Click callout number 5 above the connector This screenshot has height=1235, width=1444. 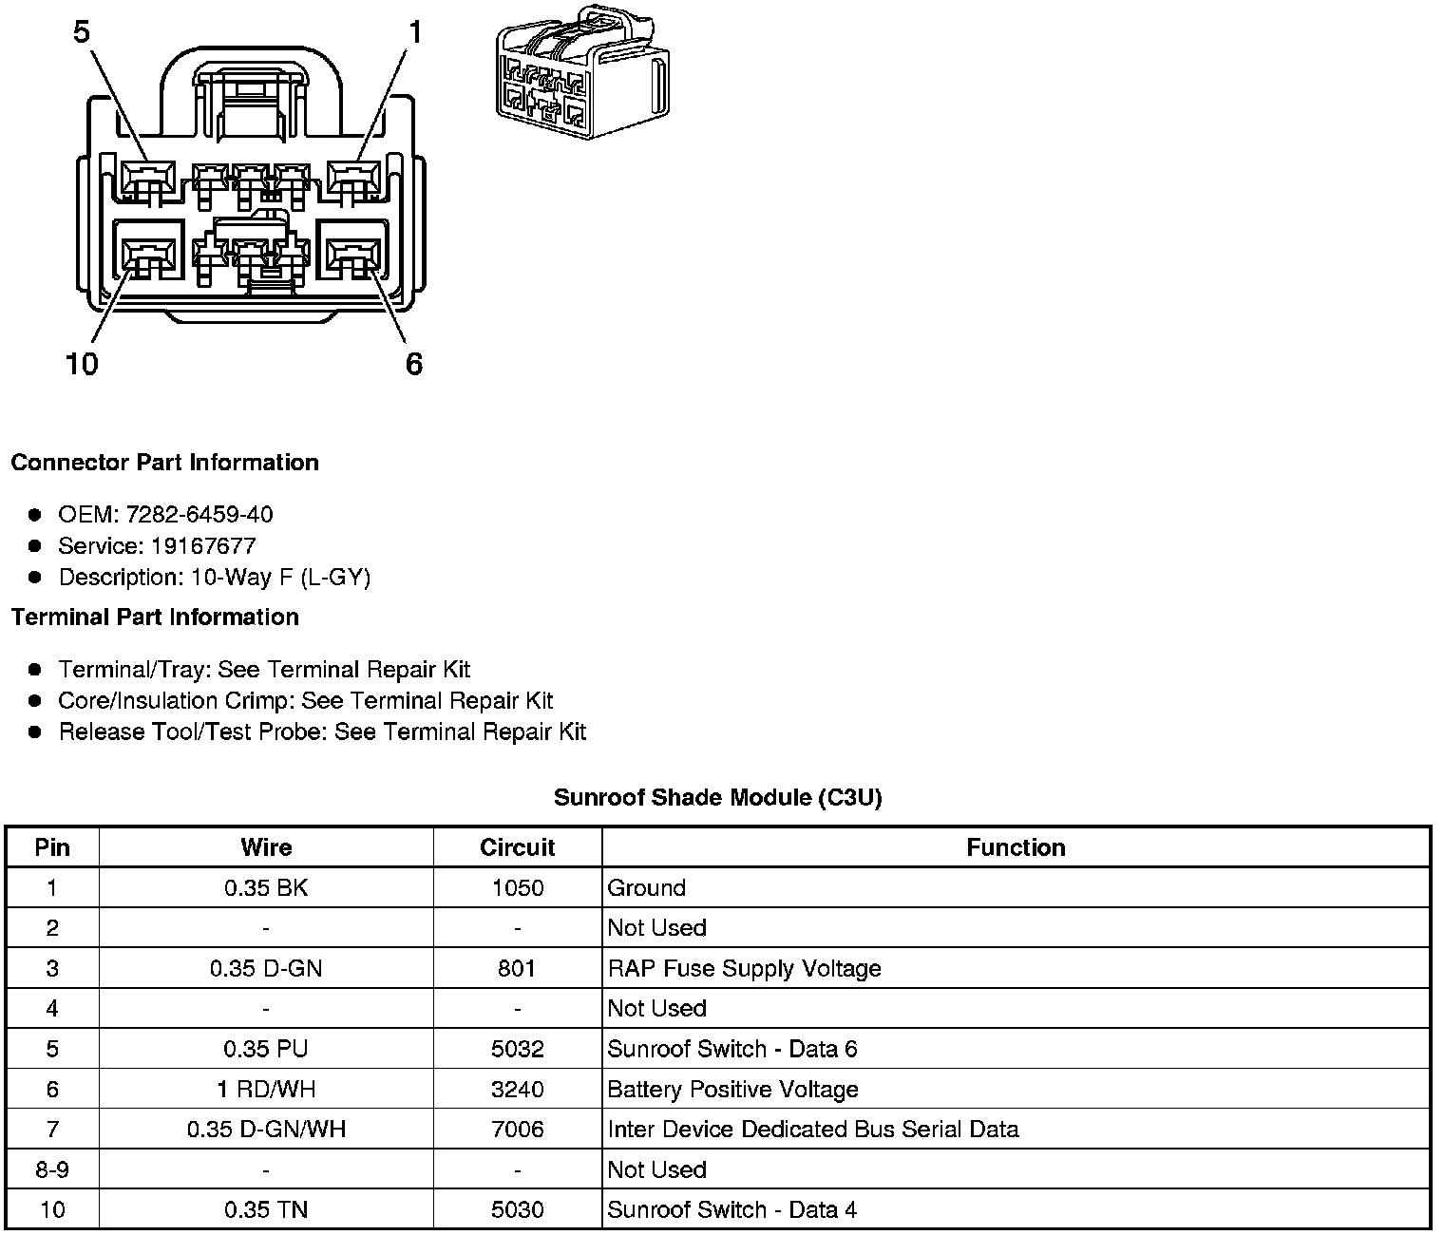point(82,32)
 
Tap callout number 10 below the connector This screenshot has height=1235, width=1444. point(82,364)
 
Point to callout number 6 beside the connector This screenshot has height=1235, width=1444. point(414,364)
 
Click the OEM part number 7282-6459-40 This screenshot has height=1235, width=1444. point(199,515)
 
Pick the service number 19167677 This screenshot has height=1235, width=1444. point(203,546)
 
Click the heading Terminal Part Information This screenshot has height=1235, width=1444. point(155,617)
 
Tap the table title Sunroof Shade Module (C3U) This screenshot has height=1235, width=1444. point(717,798)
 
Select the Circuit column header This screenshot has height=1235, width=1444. point(517,847)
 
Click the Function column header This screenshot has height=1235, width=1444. point(1016,847)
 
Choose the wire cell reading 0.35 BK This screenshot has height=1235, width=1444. point(266,888)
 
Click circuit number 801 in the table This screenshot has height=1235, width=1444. point(517,969)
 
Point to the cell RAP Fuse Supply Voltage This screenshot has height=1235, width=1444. point(744,969)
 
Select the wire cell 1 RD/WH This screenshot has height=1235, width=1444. point(266,1090)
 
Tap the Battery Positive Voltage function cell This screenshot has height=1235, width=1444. point(732,1090)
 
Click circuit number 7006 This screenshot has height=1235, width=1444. point(517,1130)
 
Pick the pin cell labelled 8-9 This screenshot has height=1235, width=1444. point(52,1170)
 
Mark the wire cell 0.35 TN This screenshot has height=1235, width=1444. point(266,1210)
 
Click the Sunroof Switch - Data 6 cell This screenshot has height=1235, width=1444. point(731,1049)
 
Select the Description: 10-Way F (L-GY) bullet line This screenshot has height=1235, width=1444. point(214,578)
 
